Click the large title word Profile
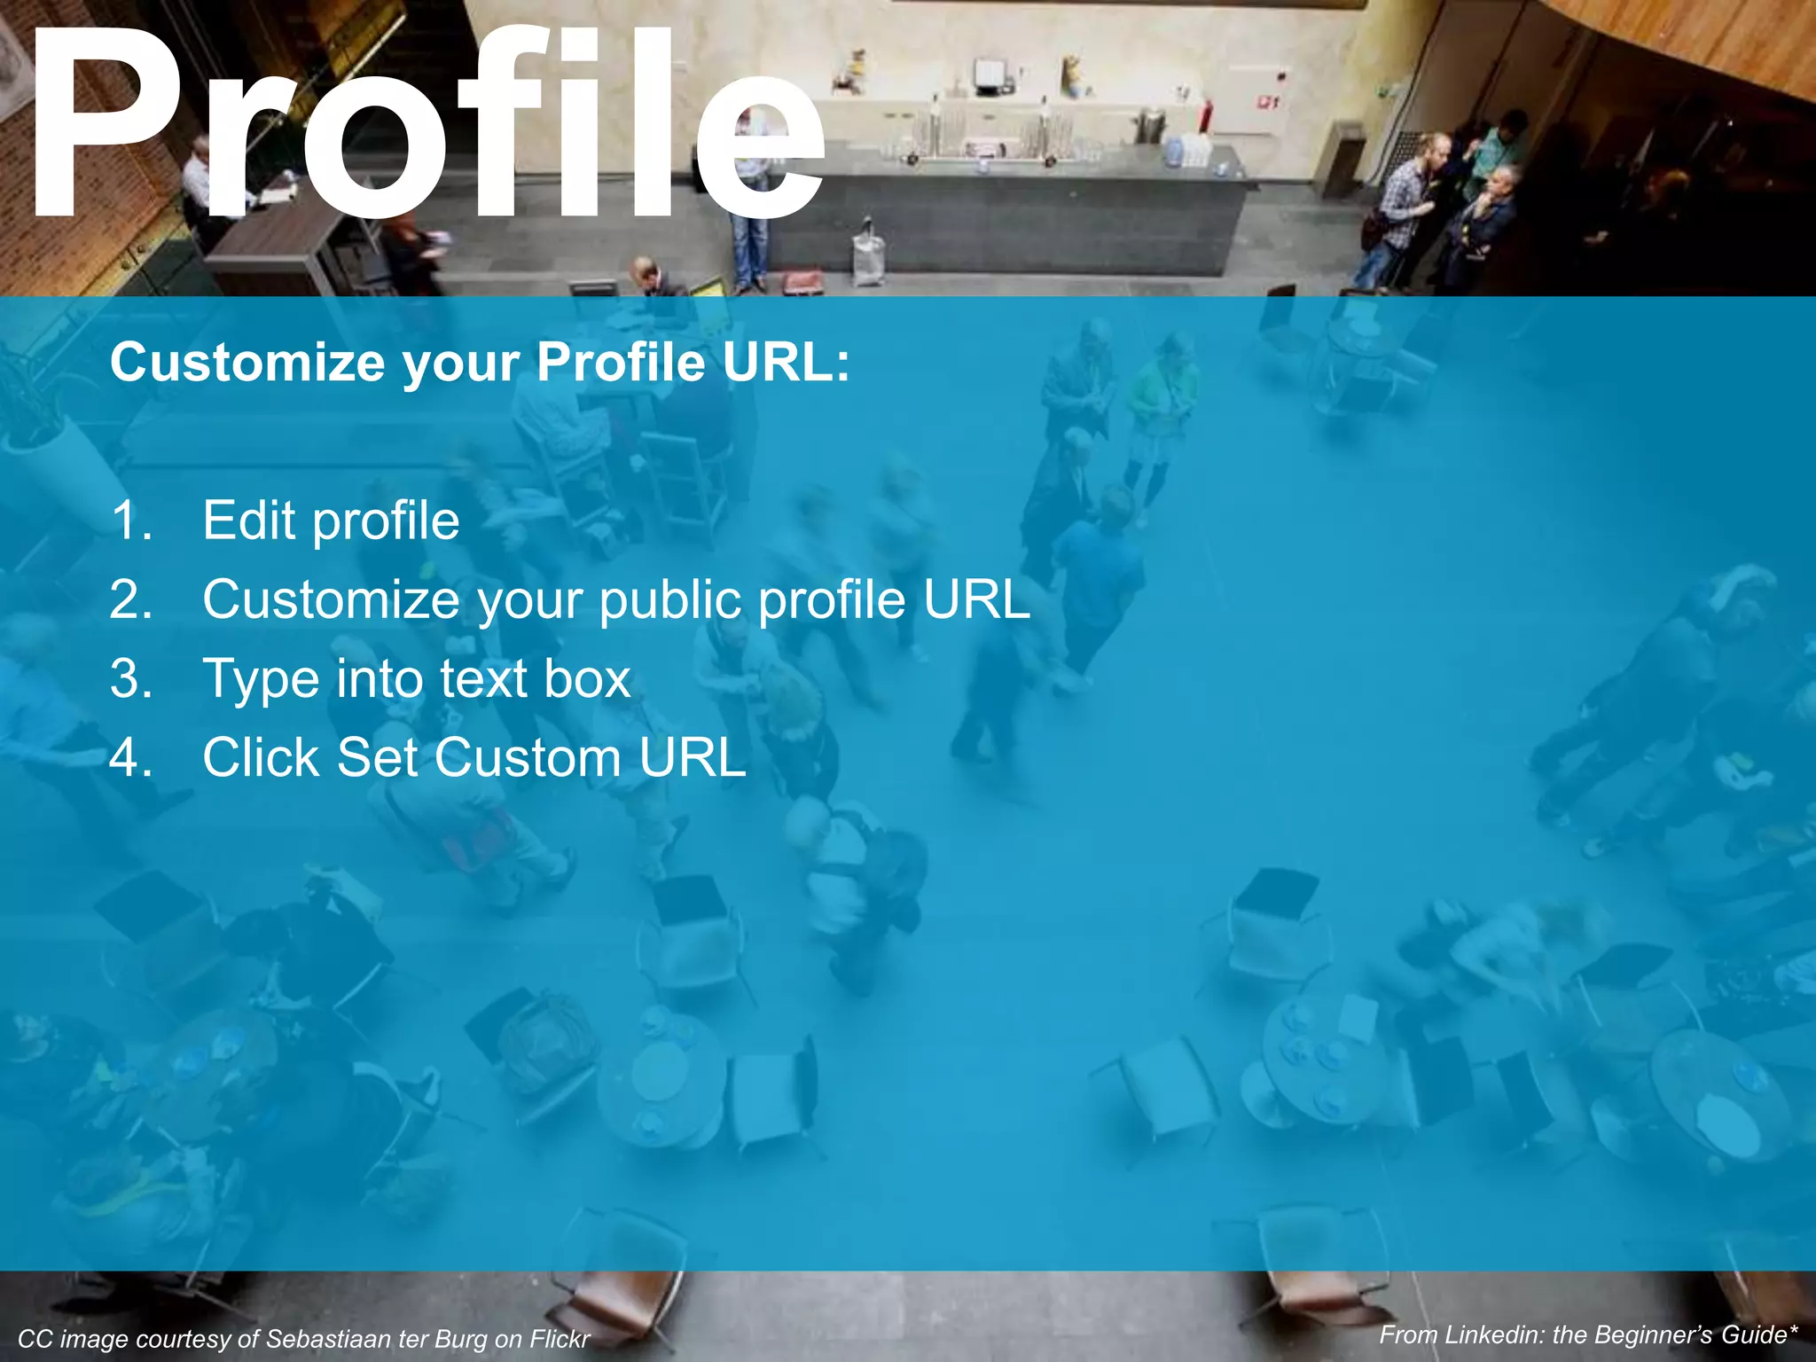426,124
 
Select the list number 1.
131,521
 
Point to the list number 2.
131,599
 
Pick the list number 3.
131,678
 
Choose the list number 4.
131,758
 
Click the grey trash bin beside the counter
1339,160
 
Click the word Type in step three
260,680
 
